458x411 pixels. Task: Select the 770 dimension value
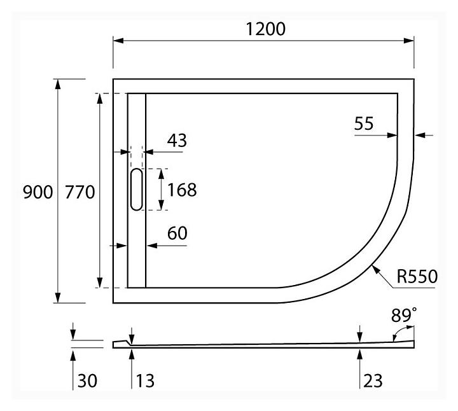pyautogui.click(x=81, y=192)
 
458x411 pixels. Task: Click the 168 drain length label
pyautogui.click(x=182, y=190)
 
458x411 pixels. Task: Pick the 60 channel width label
pyautogui.click(x=177, y=233)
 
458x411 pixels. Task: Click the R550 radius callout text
pyautogui.click(x=416, y=277)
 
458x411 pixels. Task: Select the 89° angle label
pyautogui.click(x=405, y=315)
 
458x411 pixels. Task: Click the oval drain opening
pyautogui.click(x=137, y=190)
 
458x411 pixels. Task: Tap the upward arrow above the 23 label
pyautogui.click(x=360, y=353)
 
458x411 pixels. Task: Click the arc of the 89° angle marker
pyautogui.click(x=398, y=332)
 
